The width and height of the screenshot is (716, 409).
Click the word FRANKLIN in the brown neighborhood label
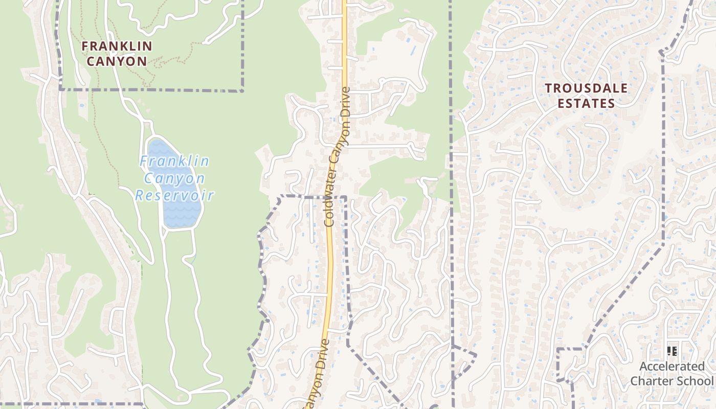[117, 46]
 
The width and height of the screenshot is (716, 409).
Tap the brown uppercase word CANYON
[117, 61]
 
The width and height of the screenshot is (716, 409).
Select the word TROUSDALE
[586, 88]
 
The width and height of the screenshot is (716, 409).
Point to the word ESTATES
[586, 104]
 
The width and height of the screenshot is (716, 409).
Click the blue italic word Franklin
[174, 162]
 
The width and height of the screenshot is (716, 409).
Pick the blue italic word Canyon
[174, 178]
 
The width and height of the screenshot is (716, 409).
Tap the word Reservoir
[174, 195]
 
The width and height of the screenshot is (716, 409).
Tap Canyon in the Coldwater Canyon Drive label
[338, 149]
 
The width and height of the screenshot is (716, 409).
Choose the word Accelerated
[672, 367]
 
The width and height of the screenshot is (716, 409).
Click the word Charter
[656, 381]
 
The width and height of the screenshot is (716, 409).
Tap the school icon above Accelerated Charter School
[672, 351]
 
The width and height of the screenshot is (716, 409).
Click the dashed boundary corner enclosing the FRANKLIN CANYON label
[242, 90]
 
